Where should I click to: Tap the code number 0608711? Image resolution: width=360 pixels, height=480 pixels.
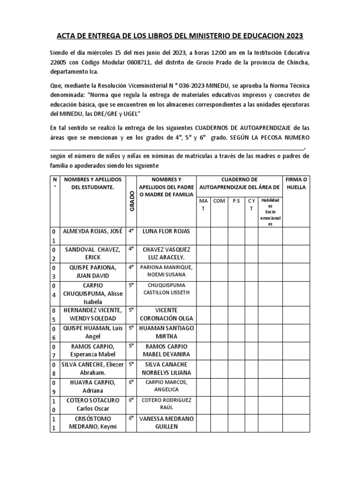pyautogui.click(x=133, y=63)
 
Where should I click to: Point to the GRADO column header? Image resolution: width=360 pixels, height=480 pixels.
pyautogui.click(x=132, y=201)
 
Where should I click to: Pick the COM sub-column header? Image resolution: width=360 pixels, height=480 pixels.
pyautogui.click(x=219, y=201)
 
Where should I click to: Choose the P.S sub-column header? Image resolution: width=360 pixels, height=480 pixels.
pyautogui.click(x=236, y=201)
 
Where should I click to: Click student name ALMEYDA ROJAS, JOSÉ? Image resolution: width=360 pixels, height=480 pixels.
pyautogui.click(x=93, y=232)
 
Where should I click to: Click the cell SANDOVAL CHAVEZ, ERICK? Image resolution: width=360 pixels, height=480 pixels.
pyautogui.click(x=93, y=254)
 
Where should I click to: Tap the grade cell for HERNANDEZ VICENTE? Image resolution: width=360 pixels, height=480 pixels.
pyautogui.click(x=132, y=310)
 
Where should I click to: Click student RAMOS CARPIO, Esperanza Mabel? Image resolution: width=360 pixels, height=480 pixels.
pyautogui.click(x=93, y=350)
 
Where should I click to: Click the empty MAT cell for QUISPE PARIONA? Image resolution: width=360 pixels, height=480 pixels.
pyautogui.click(x=202, y=271)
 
